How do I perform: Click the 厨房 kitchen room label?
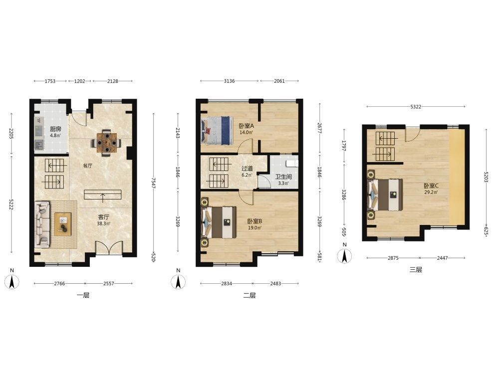click(x=55, y=129)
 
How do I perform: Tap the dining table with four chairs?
click(x=107, y=143)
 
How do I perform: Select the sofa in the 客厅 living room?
click(x=42, y=224)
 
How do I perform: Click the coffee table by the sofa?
click(x=63, y=224)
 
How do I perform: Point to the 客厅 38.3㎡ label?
click(x=104, y=220)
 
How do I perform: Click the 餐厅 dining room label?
click(x=87, y=166)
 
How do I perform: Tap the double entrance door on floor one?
click(x=109, y=248)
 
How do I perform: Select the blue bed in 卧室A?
click(x=216, y=131)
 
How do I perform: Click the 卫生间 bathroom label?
click(x=283, y=177)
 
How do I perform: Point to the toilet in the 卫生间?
click(x=292, y=164)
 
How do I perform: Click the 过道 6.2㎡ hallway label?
click(x=247, y=172)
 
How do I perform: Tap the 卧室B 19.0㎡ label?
click(x=254, y=224)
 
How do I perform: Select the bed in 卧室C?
click(x=385, y=194)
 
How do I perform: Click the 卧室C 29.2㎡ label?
click(x=431, y=188)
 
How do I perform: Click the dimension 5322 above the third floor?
click(x=416, y=107)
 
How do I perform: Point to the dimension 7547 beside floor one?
click(x=153, y=183)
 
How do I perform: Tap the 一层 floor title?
click(x=83, y=295)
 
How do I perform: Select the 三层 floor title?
click(x=416, y=270)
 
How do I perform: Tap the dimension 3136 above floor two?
click(x=229, y=81)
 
